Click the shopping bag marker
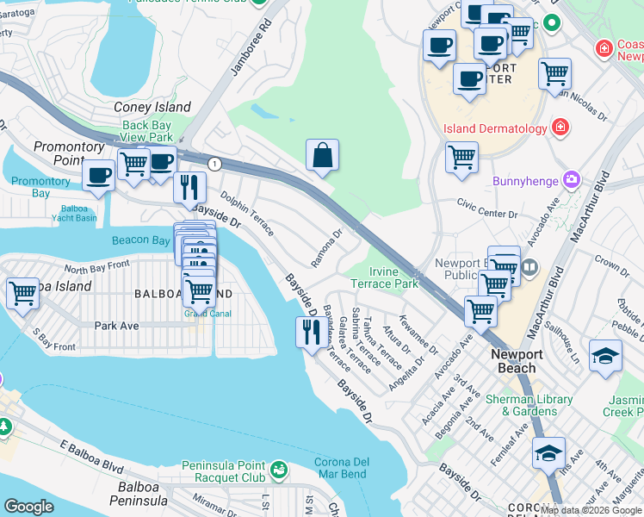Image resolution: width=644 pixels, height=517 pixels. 322,157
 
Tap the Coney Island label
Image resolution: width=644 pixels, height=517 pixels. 152,108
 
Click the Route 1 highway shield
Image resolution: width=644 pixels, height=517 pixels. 214,164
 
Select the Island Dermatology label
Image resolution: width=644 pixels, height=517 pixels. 495,129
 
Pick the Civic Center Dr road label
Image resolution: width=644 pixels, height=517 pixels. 487,214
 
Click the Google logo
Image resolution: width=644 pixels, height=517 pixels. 28,507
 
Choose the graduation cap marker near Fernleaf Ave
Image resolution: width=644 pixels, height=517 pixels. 548,453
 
